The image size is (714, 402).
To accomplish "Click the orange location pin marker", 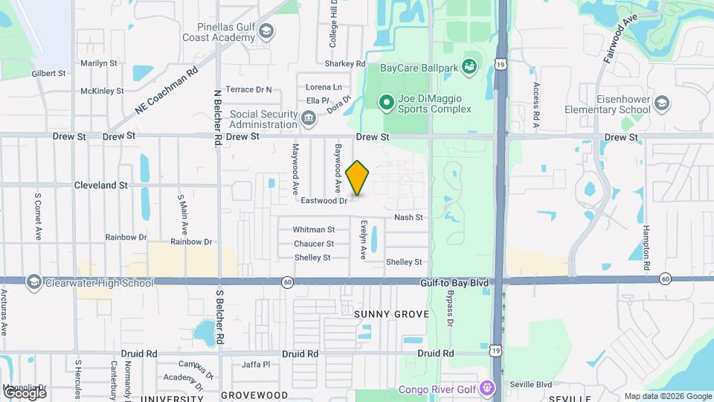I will pyautogui.click(x=358, y=178).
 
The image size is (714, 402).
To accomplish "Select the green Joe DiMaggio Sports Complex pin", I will pyautogui.click(x=386, y=103).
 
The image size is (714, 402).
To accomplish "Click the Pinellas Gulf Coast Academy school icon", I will pyautogui.click(x=266, y=31).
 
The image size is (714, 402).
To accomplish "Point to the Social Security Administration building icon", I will pyautogui.click(x=308, y=118).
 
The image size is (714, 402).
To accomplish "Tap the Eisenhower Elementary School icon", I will pyautogui.click(x=661, y=104).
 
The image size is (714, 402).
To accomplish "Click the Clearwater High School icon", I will pyautogui.click(x=33, y=283).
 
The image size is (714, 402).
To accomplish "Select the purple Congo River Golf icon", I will pyautogui.click(x=486, y=388).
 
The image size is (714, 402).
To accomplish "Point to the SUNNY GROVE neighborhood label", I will pyautogui.click(x=391, y=314).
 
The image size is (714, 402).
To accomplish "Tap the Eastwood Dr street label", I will pyautogui.click(x=324, y=201).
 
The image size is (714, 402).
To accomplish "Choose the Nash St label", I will pyautogui.click(x=408, y=217).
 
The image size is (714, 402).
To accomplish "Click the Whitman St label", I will pyautogui.click(x=313, y=230).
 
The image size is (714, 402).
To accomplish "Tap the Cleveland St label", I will pyautogui.click(x=101, y=185).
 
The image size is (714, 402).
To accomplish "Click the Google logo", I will pyautogui.click(x=25, y=392).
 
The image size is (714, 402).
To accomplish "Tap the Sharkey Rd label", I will pyautogui.click(x=350, y=64).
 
